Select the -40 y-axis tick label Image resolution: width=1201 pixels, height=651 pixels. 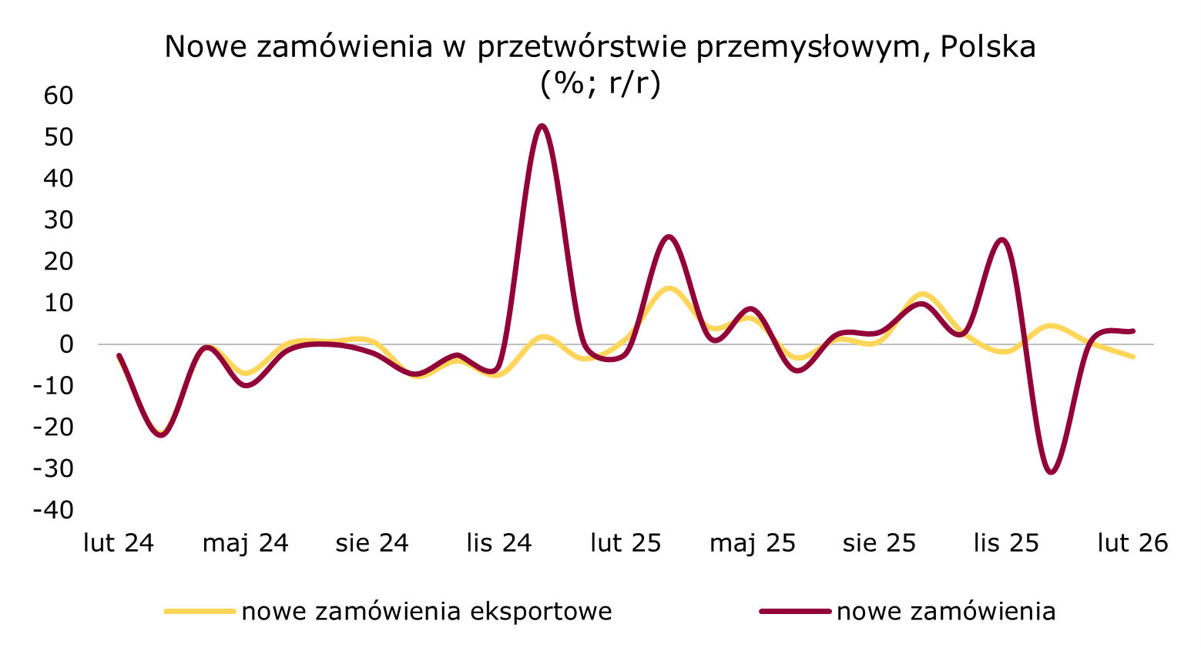pyautogui.click(x=53, y=510)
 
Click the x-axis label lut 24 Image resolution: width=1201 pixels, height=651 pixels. pyautogui.click(x=119, y=543)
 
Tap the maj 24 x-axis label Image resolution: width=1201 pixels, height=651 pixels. pyautogui.click(x=245, y=543)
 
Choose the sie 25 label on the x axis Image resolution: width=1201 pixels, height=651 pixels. pyautogui.click(x=879, y=543)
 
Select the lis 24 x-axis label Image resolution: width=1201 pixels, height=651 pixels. pyautogui.click(x=499, y=543)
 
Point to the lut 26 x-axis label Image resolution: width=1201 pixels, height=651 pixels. pyautogui.click(x=1132, y=543)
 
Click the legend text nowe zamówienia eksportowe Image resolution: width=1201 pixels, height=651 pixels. pyautogui.click(x=427, y=612)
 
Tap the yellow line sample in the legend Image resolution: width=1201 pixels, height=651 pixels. pyautogui.click(x=200, y=612)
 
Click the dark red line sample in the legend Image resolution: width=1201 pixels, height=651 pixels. pyautogui.click(x=795, y=612)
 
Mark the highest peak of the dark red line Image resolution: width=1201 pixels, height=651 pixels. pyautogui.click(x=542, y=126)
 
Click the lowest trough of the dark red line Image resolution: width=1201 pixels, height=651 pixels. pyautogui.click(x=1052, y=472)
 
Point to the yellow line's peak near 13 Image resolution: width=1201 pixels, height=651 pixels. pyautogui.click(x=669, y=289)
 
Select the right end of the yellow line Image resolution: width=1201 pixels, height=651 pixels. pyautogui.click(x=1133, y=357)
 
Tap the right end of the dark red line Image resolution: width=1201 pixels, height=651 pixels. pyautogui.click(x=1133, y=331)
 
